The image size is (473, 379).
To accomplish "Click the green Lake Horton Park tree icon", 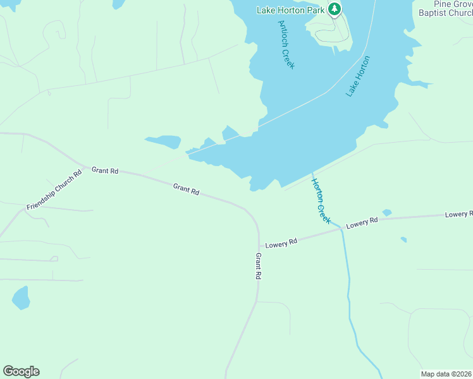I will click(x=335, y=9).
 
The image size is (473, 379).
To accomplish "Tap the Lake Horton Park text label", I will click(x=290, y=9).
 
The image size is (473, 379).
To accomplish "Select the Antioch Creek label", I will click(x=286, y=44).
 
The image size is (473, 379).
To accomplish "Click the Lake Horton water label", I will click(x=358, y=76).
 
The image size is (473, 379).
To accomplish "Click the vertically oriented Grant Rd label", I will click(x=258, y=266).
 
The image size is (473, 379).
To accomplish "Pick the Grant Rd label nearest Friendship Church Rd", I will click(x=105, y=171).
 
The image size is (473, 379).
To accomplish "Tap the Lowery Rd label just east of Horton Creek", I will click(x=362, y=223).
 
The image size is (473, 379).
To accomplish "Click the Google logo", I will click(x=21, y=371).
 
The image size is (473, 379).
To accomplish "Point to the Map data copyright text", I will click(x=446, y=374).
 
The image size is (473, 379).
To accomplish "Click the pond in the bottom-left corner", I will click(x=21, y=298).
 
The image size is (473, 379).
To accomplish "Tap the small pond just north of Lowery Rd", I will click(x=386, y=213).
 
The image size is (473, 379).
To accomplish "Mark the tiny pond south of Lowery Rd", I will click(x=403, y=239).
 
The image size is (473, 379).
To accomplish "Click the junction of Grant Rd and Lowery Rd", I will click(x=259, y=248).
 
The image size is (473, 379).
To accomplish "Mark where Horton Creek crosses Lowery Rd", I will click(x=341, y=229).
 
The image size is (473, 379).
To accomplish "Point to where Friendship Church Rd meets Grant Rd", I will click(x=83, y=165).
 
